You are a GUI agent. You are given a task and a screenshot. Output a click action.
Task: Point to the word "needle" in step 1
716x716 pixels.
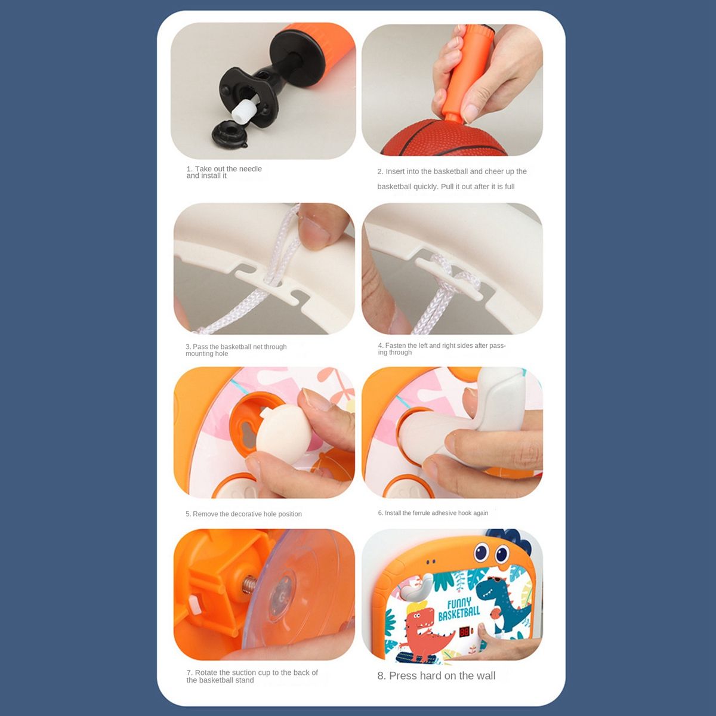[x=250, y=169]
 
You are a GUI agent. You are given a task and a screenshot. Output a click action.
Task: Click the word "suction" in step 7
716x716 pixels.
[x=245, y=672]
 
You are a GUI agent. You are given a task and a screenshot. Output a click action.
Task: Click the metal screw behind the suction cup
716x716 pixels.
[x=249, y=584]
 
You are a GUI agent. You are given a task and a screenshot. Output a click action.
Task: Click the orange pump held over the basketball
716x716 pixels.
[x=464, y=75]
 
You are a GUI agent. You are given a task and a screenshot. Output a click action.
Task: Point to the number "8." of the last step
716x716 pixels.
[x=382, y=675]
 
